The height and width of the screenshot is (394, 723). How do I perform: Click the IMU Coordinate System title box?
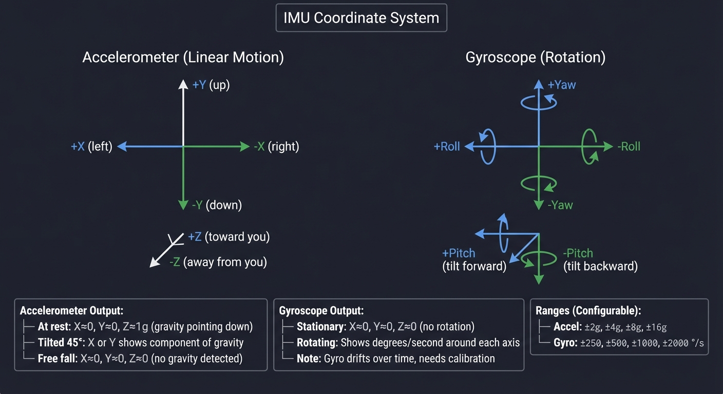[361, 18]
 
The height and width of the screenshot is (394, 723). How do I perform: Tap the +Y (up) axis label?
[211, 85]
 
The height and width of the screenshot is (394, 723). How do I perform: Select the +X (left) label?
[91, 147]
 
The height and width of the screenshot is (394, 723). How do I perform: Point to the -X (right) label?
[276, 147]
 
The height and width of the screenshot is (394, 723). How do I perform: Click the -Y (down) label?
[216, 205]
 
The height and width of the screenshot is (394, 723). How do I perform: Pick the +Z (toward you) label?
[229, 237]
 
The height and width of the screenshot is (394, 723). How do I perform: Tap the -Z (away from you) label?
[218, 262]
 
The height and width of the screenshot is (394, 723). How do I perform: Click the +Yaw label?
[562, 85]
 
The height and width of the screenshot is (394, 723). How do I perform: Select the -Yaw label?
[560, 205]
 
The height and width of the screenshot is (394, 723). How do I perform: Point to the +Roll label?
[447, 147]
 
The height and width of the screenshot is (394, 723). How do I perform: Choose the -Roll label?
[629, 147]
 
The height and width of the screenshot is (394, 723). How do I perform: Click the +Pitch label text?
[459, 253]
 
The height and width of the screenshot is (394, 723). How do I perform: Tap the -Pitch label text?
[578, 253]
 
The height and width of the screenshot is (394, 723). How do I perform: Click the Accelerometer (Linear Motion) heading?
[183, 57]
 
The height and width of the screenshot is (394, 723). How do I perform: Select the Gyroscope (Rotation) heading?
[535, 57]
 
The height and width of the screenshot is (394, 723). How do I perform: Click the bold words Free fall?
[56, 358]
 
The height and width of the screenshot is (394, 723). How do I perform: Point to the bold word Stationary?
[319, 327]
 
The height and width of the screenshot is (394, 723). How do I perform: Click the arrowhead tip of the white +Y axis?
[183, 81]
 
